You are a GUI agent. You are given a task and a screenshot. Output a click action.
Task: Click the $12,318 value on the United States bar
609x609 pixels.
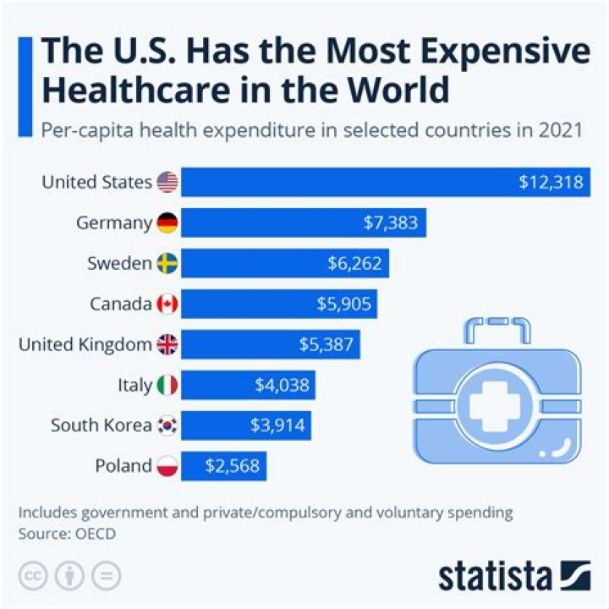(551, 182)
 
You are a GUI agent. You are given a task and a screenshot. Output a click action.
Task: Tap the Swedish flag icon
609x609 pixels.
(167, 264)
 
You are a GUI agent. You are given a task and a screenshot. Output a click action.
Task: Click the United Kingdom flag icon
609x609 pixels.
(167, 344)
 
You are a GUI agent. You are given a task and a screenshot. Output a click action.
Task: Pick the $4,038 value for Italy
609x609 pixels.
(283, 385)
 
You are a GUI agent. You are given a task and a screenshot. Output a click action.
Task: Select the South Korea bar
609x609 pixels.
(245, 425)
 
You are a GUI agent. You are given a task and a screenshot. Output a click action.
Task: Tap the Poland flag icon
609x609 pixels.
(167, 465)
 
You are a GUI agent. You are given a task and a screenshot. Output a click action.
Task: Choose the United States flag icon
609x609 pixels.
(167, 182)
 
